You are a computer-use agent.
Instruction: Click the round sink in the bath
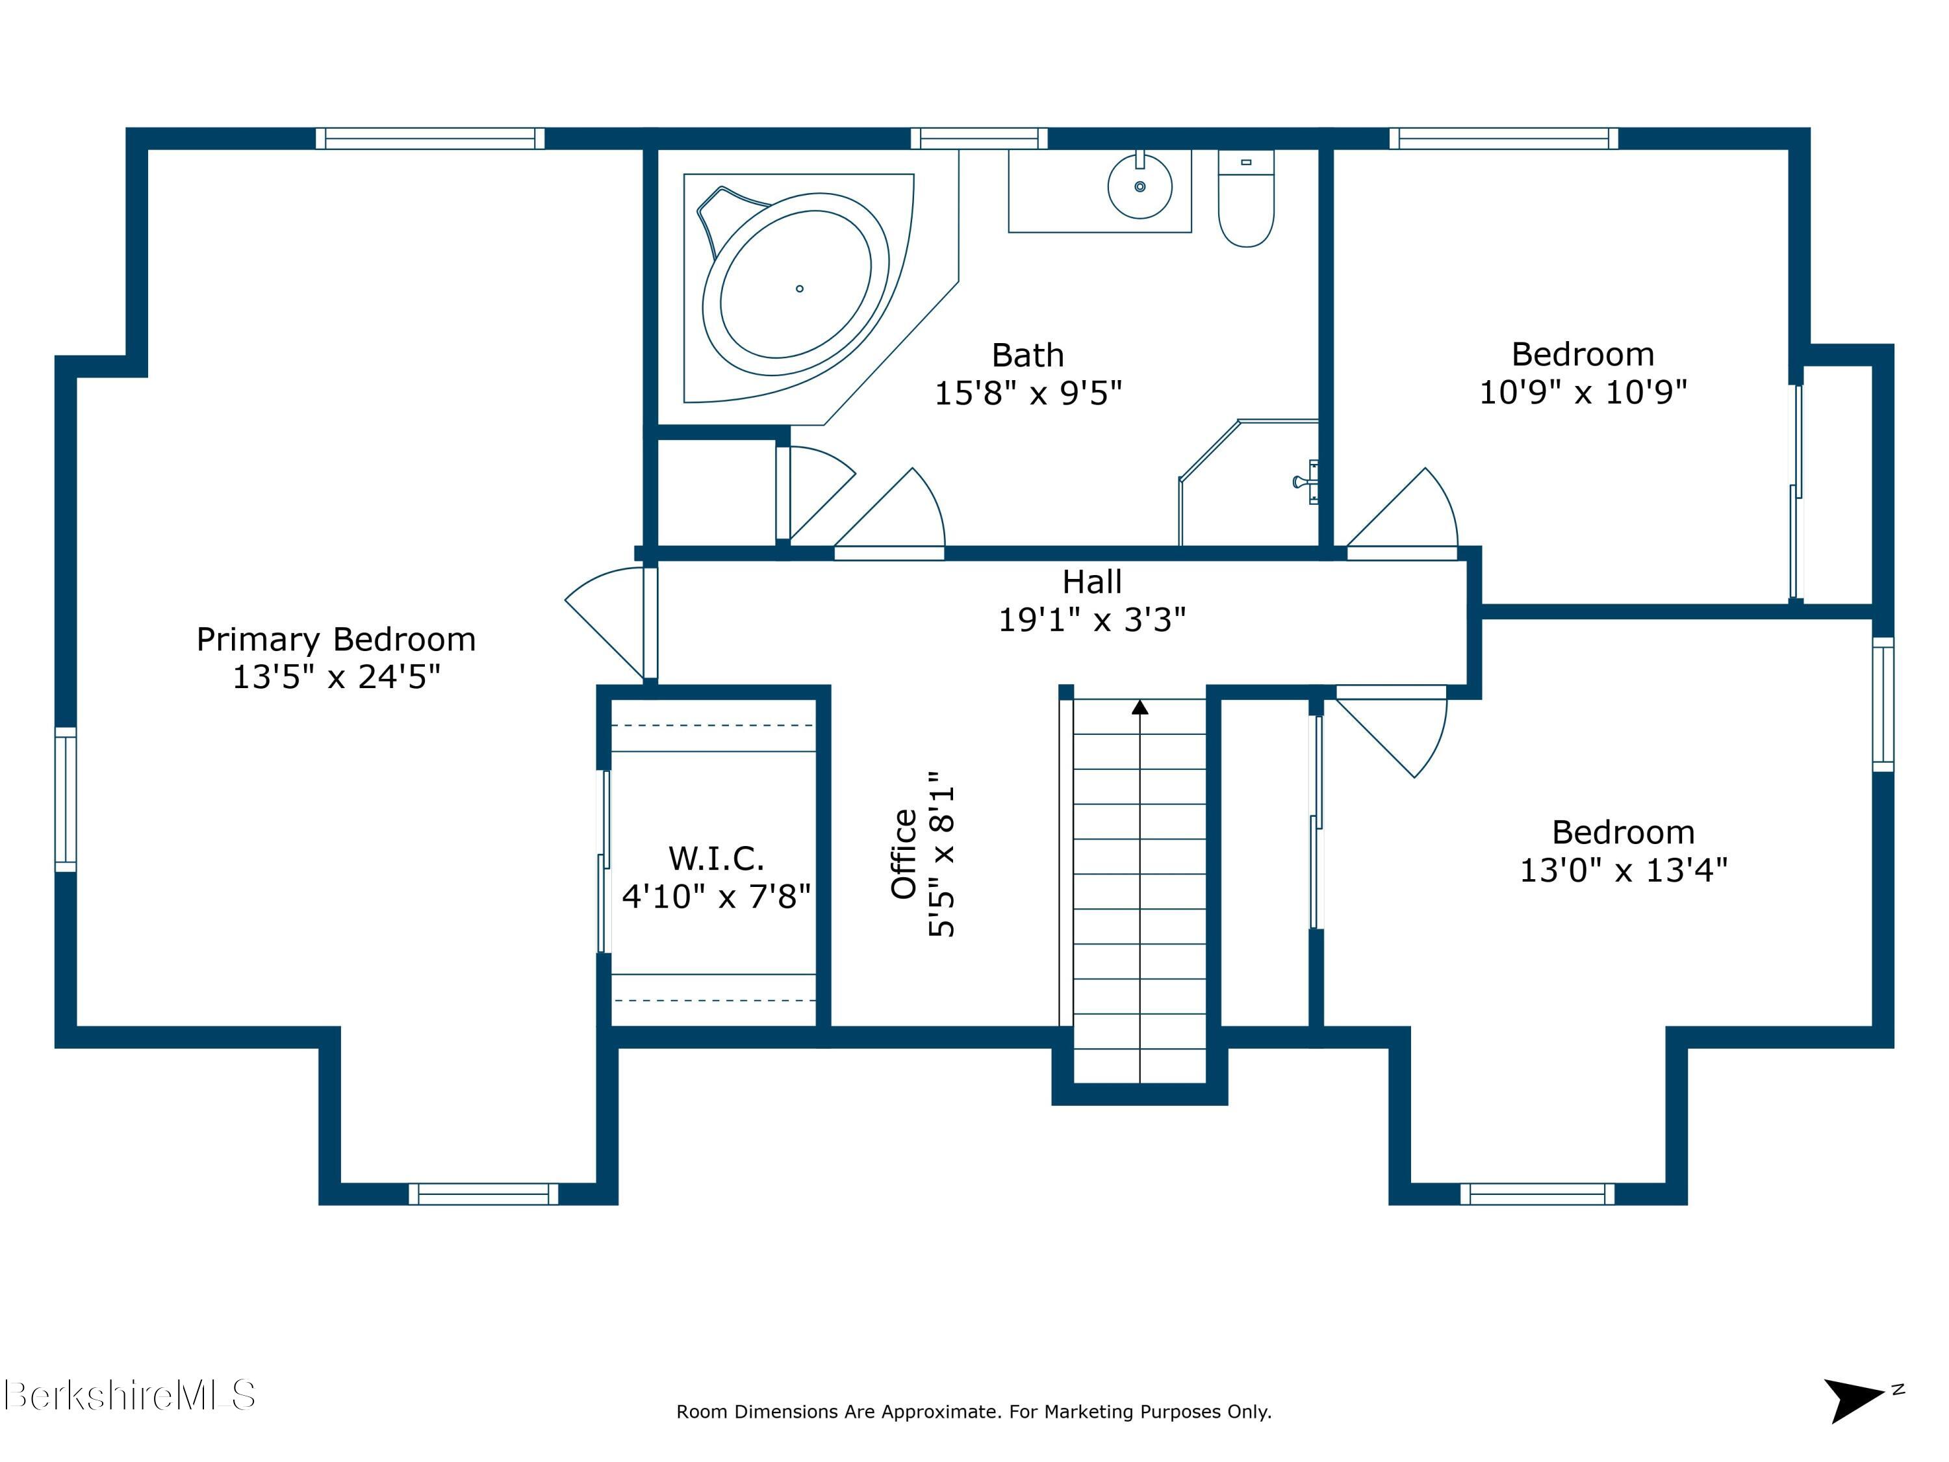point(1140,187)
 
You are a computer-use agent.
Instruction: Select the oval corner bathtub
point(796,285)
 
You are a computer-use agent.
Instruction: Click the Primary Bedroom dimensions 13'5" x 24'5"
point(336,677)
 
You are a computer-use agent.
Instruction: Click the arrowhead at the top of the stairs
point(1140,707)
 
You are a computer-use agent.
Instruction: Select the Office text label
point(905,853)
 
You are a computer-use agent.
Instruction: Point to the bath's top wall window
point(979,138)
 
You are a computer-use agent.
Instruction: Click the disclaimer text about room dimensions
point(974,1412)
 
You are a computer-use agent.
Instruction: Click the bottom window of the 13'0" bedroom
point(1538,1194)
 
